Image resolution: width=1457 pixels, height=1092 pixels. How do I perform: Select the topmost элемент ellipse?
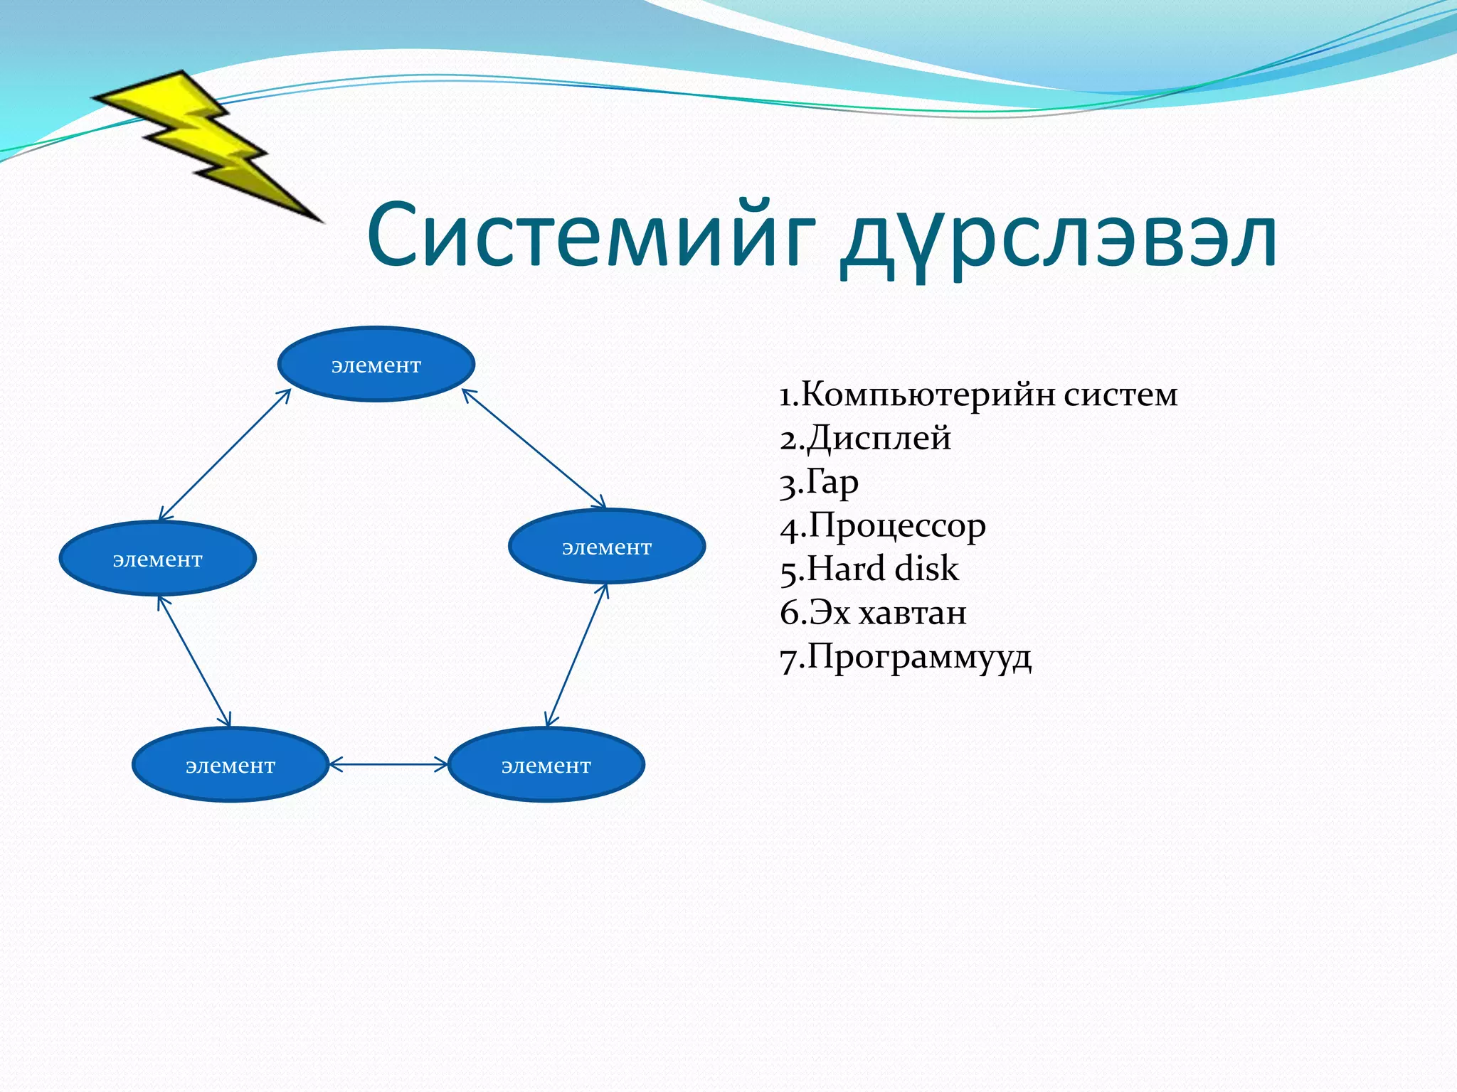[376, 364]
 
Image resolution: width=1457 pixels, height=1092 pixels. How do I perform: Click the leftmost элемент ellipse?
[157, 558]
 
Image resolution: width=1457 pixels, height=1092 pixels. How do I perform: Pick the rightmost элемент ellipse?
[606, 546]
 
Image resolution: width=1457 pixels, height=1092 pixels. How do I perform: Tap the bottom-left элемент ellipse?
[230, 765]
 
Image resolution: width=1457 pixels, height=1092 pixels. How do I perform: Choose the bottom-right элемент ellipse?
[546, 765]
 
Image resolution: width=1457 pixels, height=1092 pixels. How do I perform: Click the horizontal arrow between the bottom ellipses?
[388, 765]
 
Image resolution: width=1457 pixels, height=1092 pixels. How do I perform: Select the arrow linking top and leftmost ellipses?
[224, 455]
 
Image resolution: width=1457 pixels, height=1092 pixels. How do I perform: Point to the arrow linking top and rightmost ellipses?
[534, 449]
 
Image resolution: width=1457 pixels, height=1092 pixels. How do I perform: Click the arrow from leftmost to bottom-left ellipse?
[194, 661]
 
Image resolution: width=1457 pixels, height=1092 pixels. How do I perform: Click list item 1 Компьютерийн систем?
[978, 395]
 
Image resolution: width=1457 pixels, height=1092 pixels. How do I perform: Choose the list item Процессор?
[883, 526]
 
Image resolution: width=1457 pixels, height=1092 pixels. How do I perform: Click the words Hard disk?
[870, 569]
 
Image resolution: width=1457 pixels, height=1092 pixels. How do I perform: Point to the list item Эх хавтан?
[874, 613]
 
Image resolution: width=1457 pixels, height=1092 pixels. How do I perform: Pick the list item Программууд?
[906, 657]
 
